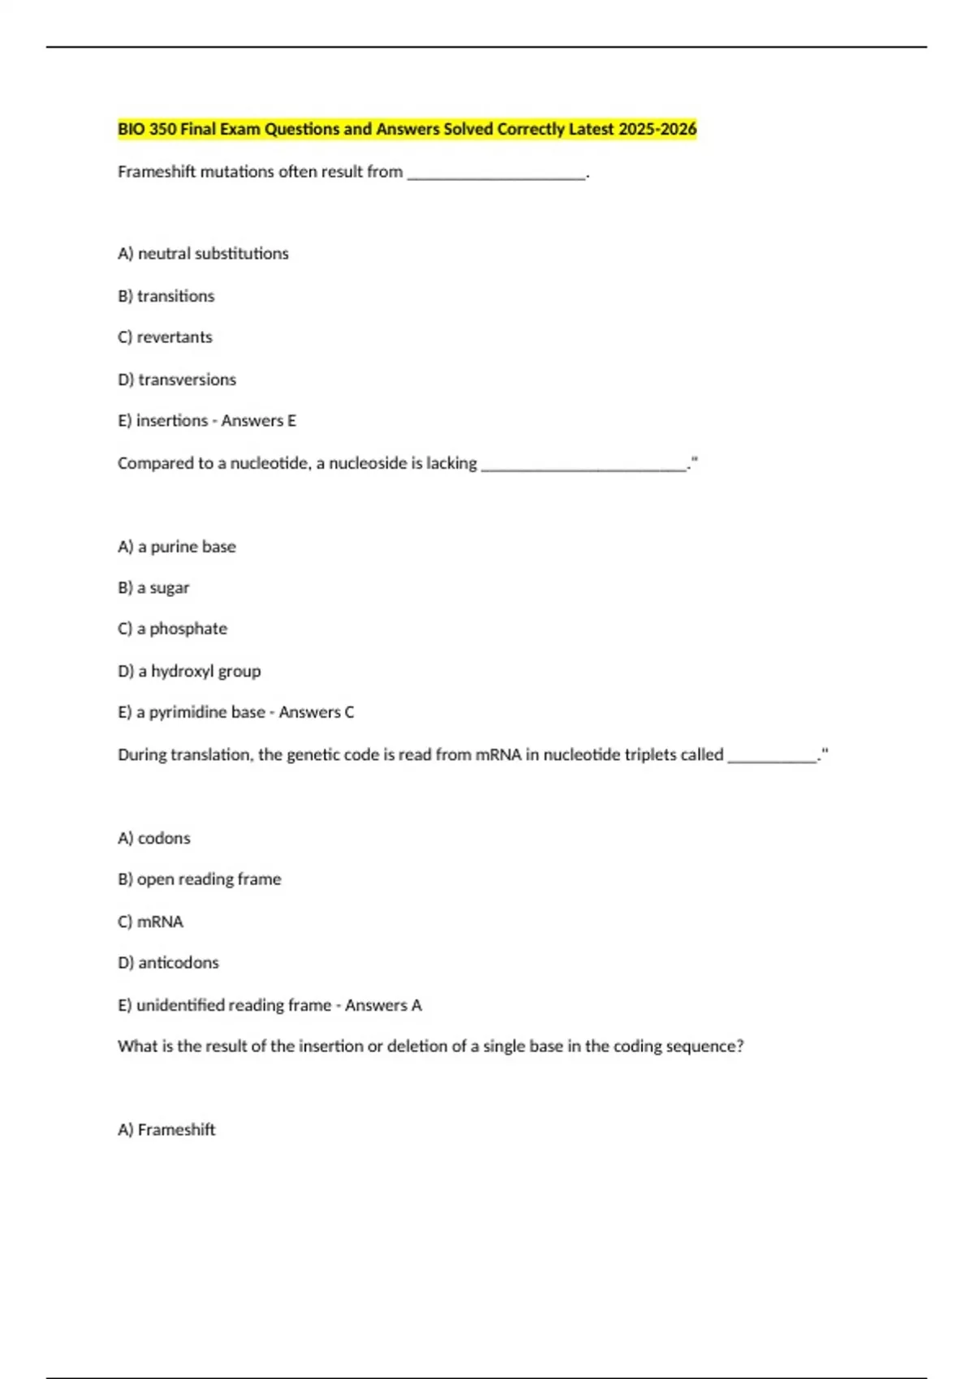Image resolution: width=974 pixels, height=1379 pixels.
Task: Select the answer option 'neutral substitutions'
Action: (x=213, y=254)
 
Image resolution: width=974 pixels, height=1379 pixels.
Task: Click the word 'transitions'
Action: (x=175, y=296)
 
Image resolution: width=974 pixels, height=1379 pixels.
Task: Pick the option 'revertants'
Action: (x=174, y=337)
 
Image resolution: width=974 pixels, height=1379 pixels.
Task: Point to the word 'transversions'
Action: (x=187, y=380)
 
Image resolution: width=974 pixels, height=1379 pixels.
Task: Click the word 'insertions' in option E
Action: (x=172, y=421)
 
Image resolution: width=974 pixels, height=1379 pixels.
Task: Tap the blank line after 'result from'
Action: (x=496, y=174)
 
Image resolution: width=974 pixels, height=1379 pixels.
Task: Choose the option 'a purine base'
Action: (x=187, y=547)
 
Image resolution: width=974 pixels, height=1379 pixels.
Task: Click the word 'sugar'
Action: (x=169, y=588)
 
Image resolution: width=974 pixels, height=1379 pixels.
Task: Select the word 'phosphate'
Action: (x=188, y=629)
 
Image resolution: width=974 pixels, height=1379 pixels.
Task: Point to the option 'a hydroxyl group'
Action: (x=199, y=672)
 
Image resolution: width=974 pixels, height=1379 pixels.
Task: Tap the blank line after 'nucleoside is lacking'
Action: (x=583, y=466)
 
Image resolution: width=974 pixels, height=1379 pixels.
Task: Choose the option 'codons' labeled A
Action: (x=164, y=838)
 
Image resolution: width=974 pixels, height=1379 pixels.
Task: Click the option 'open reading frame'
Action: (x=209, y=879)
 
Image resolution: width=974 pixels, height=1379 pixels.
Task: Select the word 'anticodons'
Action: (x=179, y=963)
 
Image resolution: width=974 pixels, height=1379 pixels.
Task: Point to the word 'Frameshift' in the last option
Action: (x=176, y=1130)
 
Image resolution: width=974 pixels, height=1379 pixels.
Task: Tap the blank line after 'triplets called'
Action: (x=772, y=758)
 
